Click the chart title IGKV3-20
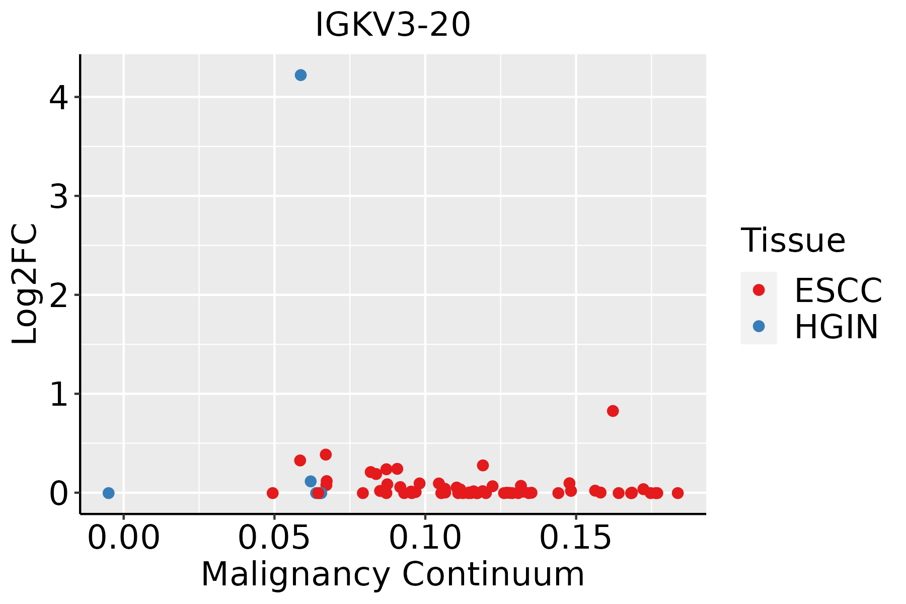click(x=393, y=25)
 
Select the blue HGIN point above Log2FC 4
click(x=300, y=75)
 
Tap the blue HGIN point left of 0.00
click(x=108, y=493)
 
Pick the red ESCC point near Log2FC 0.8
click(x=613, y=411)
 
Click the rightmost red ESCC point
click(x=677, y=493)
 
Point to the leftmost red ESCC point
click(x=272, y=493)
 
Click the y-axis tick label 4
click(x=59, y=98)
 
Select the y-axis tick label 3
click(x=59, y=197)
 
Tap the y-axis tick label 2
click(x=59, y=296)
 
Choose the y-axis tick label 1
click(x=59, y=395)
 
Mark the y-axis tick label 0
click(x=59, y=494)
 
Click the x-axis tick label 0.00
click(x=123, y=538)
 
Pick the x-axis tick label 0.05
click(x=274, y=538)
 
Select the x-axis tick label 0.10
click(x=425, y=538)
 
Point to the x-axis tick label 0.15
click(x=576, y=538)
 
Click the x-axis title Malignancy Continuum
click(x=393, y=575)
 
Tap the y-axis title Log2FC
click(x=25, y=284)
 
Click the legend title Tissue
click(x=793, y=240)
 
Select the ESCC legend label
click(x=838, y=290)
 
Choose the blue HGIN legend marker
click(x=759, y=326)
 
